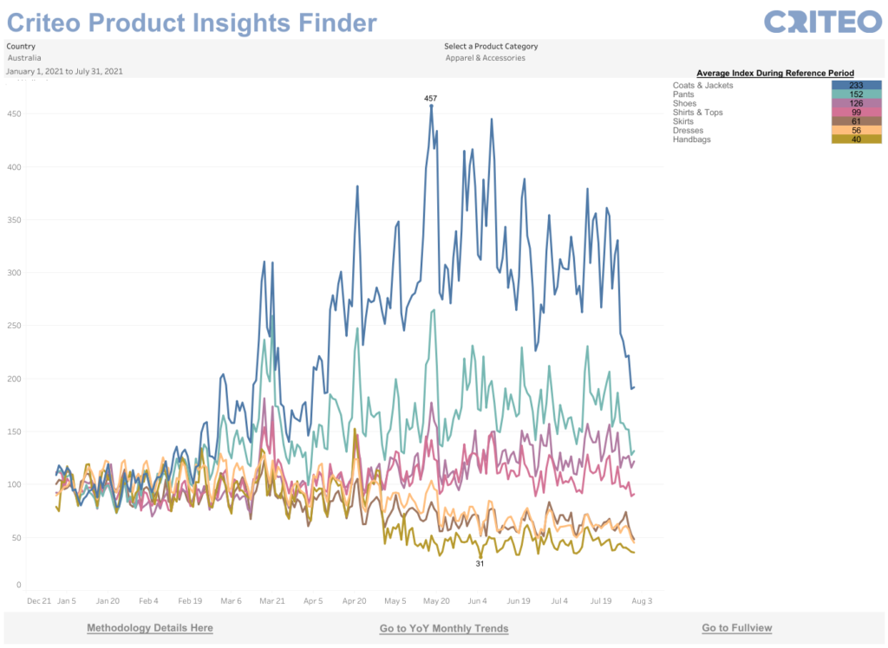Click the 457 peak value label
pyautogui.click(x=430, y=98)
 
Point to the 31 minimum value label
pyautogui.click(x=480, y=563)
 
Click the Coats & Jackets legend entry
pyautogui.click(x=702, y=85)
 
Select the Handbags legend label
pyautogui.click(x=691, y=139)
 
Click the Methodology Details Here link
pyautogui.click(x=149, y=627)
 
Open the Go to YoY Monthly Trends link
pyautogui.click(x=443, y=628)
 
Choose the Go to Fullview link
pyautogui.click(x=736, y=627)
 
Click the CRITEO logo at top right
pyautogui.click(x=823, y=21)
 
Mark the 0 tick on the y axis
pyautogui.click(x=17, y=585)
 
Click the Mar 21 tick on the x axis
pyautogui.click(x=272, y=599)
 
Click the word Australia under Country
pyautogui.click(x=24, y=58)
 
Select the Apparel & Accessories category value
pyautogui.click(x=485, y=58)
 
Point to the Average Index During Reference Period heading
pyautogui.click(x=775, y=73)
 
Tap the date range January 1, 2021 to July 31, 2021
pyautogui.click(x=64, y=71)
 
